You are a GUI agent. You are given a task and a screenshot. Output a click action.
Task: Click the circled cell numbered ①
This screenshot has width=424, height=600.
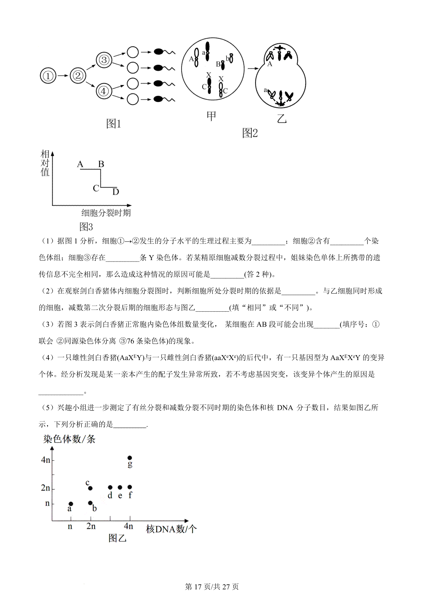48,76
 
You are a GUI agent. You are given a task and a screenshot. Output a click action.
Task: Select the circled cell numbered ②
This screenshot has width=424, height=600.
78,75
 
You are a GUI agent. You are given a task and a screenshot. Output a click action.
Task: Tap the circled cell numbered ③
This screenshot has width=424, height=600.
104,60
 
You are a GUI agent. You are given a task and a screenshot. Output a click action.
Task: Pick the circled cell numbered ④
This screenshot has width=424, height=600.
104,91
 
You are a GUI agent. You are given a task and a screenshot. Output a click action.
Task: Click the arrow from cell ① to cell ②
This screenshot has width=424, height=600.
63,76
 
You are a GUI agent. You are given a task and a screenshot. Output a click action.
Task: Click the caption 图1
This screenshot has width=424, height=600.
113,124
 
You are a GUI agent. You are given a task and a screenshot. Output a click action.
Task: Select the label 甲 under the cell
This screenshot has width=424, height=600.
211,116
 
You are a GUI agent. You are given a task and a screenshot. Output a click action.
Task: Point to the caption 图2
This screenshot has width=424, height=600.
250,133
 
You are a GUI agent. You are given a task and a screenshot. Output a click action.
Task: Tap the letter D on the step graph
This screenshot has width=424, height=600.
116,192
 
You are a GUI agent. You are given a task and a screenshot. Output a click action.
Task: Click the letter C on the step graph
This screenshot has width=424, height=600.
96,188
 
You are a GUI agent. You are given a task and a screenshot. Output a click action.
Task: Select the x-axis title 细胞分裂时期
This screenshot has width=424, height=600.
106,213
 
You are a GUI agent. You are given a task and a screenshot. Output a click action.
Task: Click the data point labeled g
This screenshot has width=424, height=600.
130,458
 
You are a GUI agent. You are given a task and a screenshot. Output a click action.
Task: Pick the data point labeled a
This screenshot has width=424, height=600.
71,504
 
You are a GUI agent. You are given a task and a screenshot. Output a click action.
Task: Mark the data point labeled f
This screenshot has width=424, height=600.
130,488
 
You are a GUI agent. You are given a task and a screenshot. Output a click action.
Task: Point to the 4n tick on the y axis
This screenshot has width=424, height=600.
46,460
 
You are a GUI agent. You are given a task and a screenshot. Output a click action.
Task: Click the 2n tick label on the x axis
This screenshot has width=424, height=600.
91,526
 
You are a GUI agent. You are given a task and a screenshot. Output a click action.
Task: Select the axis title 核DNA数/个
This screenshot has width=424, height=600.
171,529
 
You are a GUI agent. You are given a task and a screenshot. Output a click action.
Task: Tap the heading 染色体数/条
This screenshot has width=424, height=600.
69,439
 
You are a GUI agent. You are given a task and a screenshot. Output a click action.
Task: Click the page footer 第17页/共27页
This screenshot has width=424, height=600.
212,587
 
